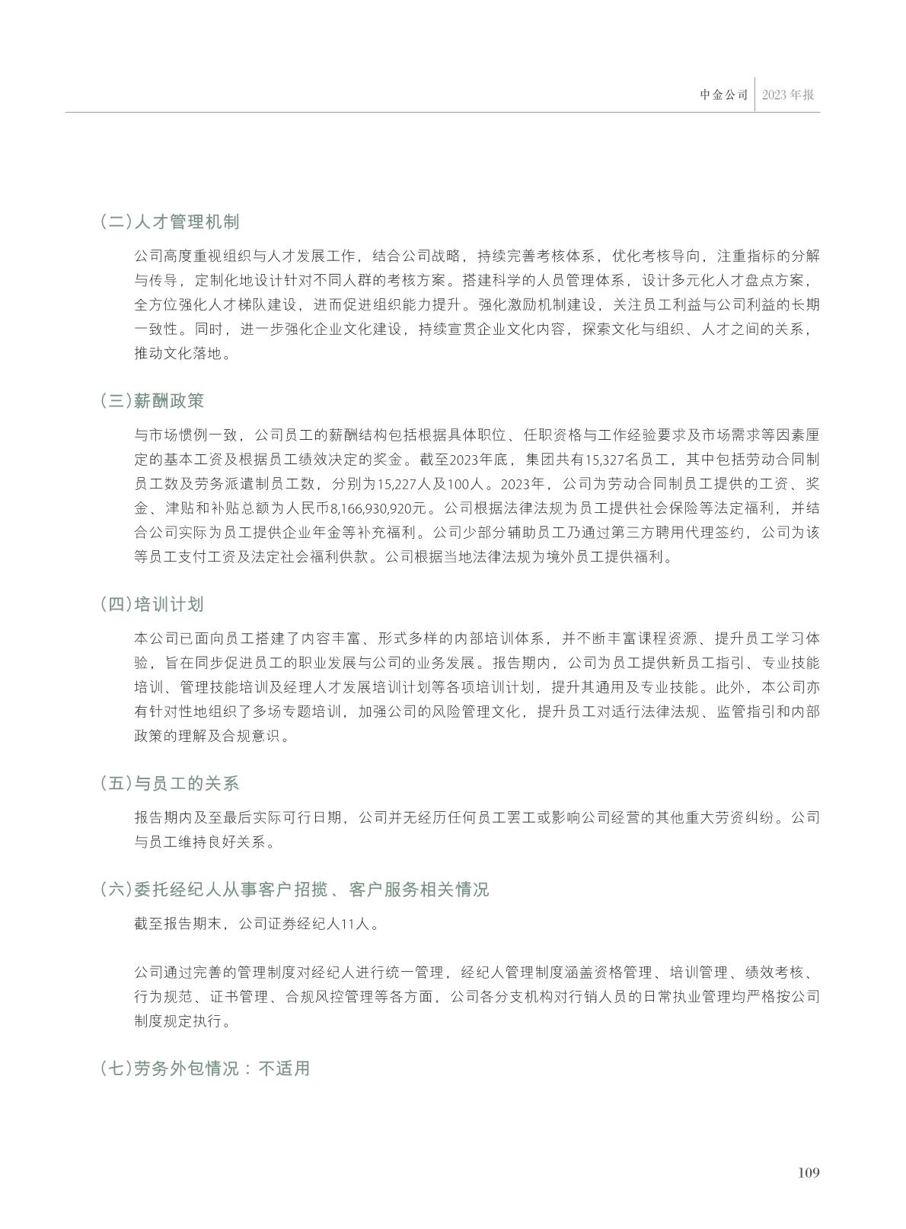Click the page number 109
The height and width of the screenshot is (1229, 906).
[x=809, y=1173]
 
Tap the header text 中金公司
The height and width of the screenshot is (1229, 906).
[x=724, y=95]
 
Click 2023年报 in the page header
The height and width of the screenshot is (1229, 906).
[x=788, y=95]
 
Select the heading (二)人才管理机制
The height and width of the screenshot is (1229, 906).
[x=170, y=222]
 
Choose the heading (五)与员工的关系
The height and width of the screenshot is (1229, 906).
[x=170, y=784]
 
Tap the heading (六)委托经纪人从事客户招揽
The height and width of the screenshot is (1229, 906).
[x=294, y=890]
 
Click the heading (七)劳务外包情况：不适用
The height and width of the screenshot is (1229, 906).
[x=205, y=1068]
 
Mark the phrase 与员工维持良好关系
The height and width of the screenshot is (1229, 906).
[x=199, y=842]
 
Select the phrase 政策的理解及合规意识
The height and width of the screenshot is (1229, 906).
[x=208, y=736]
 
